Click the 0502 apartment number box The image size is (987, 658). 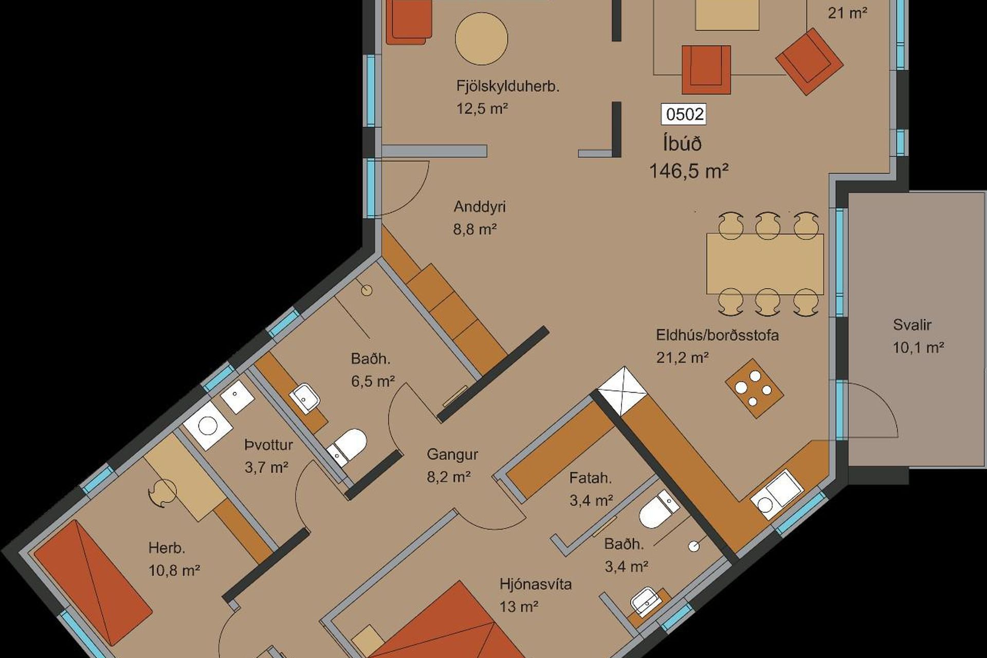[683, 114]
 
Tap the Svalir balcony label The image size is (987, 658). [912, 325]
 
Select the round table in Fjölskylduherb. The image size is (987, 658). [482, 39]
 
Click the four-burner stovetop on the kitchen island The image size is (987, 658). [754, 388]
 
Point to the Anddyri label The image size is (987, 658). [479, 207]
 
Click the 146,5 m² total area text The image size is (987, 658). [689, 171]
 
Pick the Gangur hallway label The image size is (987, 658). [452, 454]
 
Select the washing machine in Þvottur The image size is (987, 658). [208, 426]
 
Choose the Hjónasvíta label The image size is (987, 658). [536, 584]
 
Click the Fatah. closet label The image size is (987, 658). [590, 478]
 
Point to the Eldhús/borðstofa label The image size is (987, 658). [717, 335]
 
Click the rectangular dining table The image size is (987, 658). [765, 263]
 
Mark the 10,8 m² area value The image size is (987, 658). [174, 571]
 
